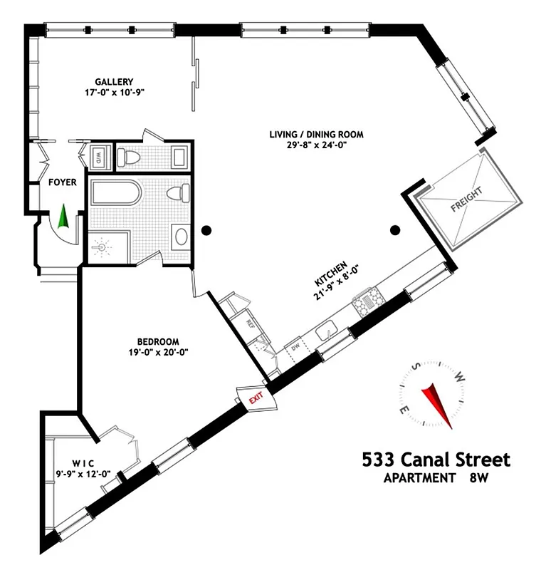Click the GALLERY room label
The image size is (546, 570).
(114, 81)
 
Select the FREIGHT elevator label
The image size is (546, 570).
(466, 200)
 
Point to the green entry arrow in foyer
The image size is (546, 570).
(62, 216)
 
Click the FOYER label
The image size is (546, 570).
(62, 182)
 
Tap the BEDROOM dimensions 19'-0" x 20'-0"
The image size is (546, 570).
(153, 351)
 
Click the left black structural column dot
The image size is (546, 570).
(206, 230)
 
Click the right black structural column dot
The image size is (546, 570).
(395, 229)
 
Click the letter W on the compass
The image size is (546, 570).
(460, 377)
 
